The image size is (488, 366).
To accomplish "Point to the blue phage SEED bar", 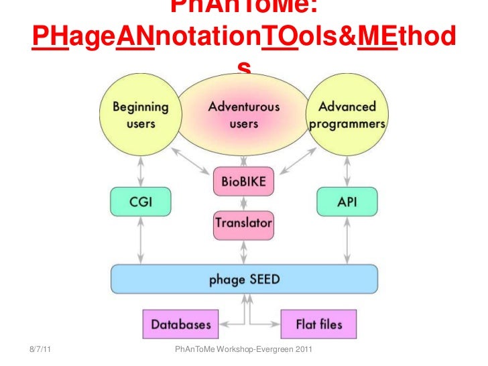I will coord(244,279).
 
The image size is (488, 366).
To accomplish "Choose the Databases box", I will coord(180,325).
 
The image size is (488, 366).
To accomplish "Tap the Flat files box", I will coord(319,325).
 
